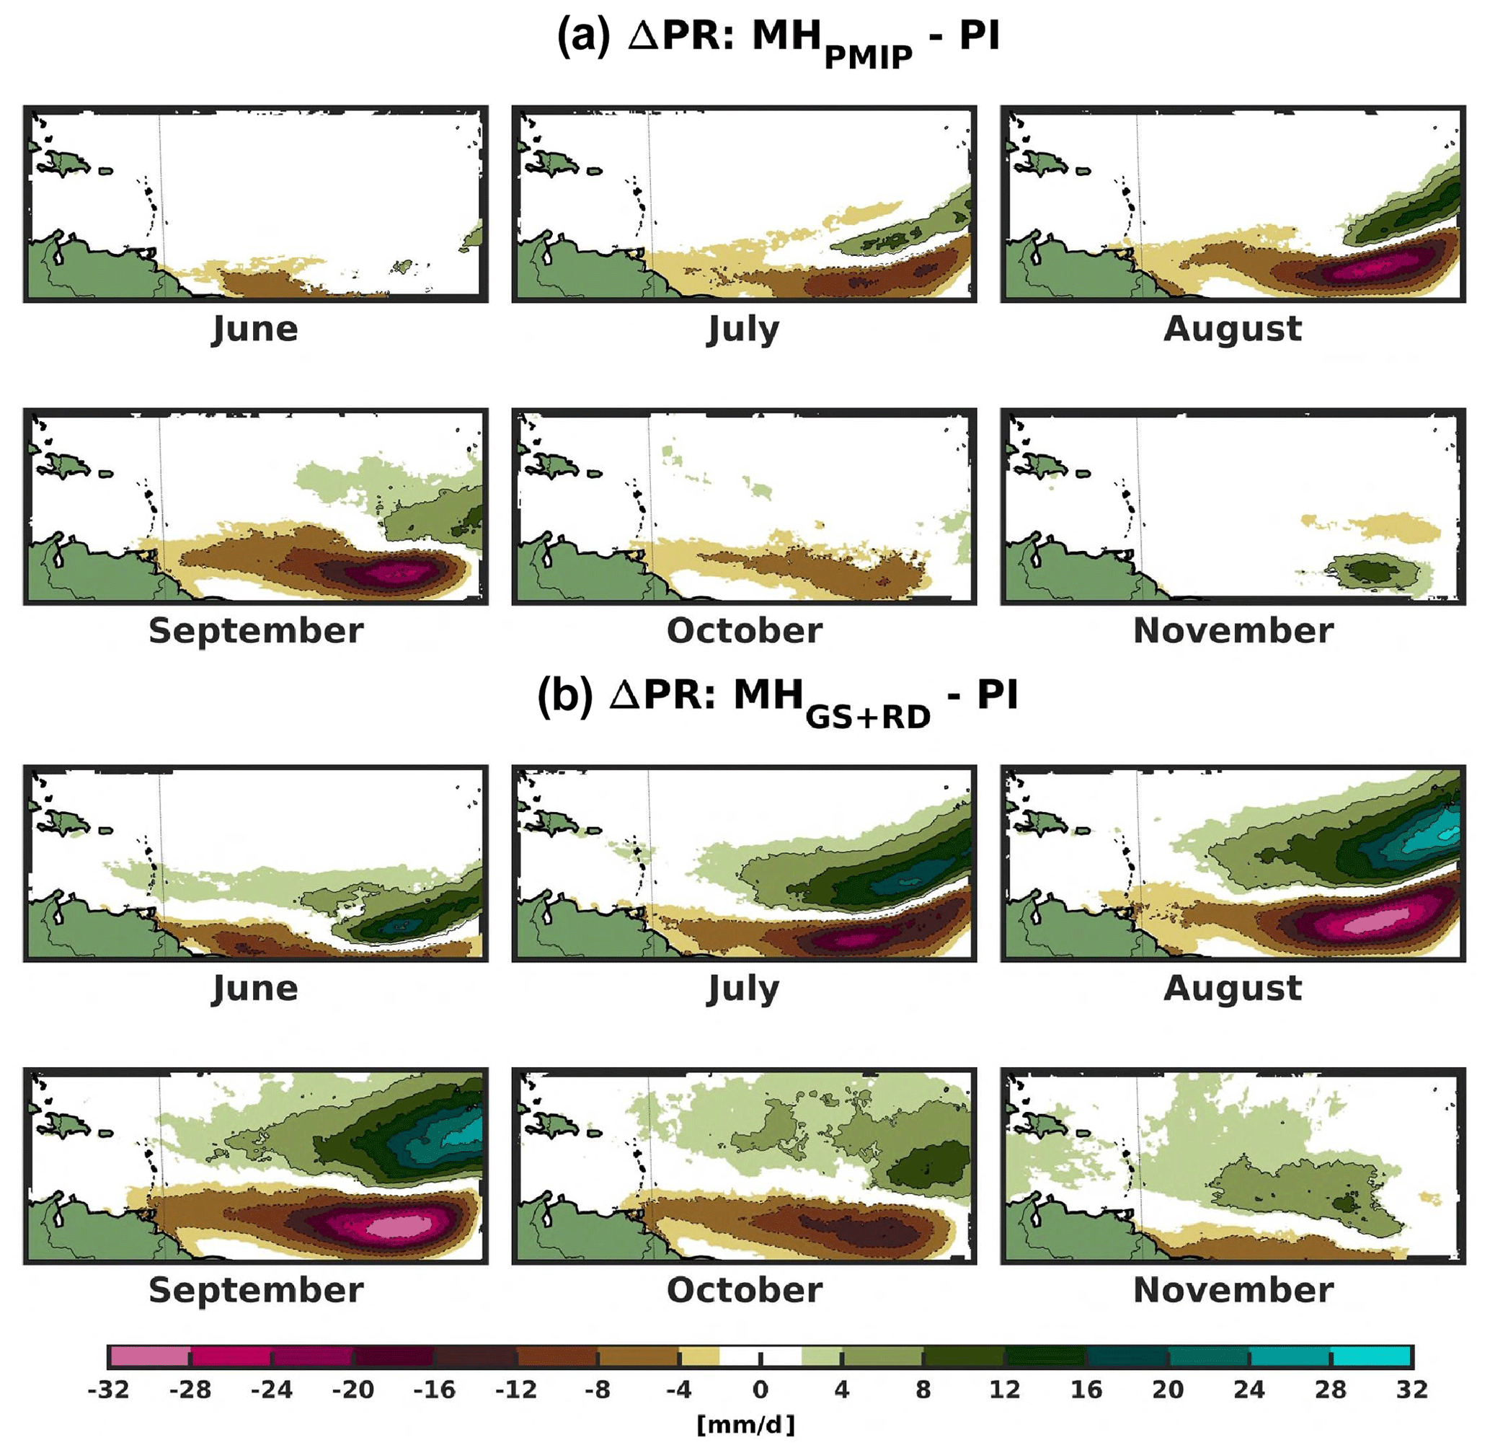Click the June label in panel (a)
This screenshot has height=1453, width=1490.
[x=254, y=329]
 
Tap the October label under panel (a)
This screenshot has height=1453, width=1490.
[x=744, y=630]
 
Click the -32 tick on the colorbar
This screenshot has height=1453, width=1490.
[x=108, y=1389]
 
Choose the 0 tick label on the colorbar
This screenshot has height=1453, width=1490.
[x=760, y=1389]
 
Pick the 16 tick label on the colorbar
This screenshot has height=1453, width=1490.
[x=1086, y=1389]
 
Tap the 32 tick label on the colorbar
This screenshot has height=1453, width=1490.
[x=1411, y=1389]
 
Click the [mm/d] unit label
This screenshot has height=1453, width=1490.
[x=745, y=1424]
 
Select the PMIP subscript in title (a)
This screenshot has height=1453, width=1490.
[x=868, y=57]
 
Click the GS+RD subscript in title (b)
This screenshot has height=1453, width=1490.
[x=868, y=717]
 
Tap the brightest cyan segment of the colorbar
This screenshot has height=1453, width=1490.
[x=1371, y=1356]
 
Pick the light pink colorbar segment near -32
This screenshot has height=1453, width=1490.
[x=150, y=1356]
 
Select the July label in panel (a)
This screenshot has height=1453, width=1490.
[x=744, y=329]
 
